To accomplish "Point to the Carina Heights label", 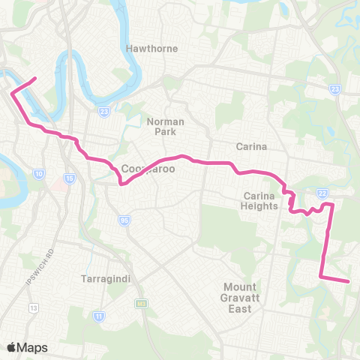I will coord(260,201).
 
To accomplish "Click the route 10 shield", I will coord(38,175).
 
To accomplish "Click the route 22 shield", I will coord(323,192).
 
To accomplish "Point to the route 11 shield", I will coord(98,317).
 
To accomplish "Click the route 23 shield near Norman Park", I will coord(103,112).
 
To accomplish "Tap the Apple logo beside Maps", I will coord(11,346).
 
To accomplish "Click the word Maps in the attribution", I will coord(32,347).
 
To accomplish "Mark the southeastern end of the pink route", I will coord(349,282).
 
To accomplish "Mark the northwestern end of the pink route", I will coord(34,78).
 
